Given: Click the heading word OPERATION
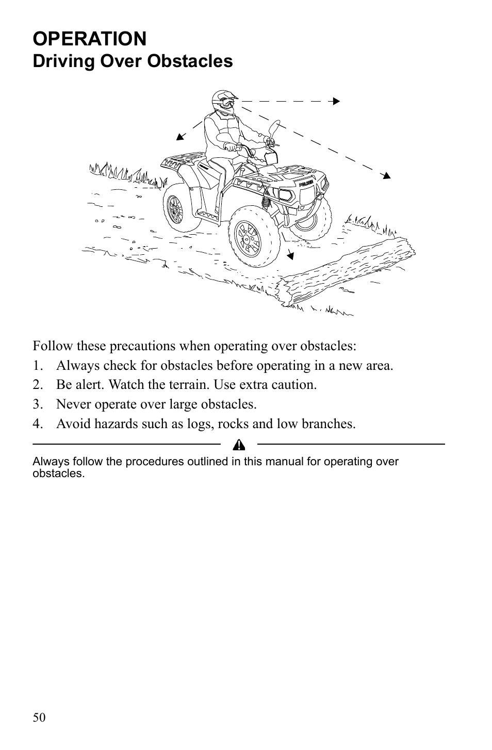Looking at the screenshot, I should [90, 39].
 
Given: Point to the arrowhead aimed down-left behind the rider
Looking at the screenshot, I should [180, 137].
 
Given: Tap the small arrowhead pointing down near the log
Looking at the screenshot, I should [291, 254].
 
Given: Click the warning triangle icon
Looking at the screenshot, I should [239, 445].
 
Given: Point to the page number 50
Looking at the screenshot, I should [39, 718].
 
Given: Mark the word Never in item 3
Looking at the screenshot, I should [71, 404].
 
